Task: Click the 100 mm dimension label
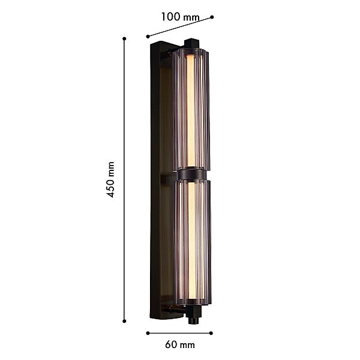tap(180, 17)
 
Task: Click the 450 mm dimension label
tap(110, 179)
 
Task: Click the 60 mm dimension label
tap(180, 345)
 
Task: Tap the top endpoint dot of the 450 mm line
tap(124, 38)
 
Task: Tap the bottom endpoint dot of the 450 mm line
tap(124, 321)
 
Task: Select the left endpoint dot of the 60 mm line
tap(148, 333)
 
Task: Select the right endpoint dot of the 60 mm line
tap(211, 333)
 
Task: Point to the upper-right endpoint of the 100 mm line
tap(212, 17)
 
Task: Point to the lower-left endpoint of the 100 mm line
tap(148, 36)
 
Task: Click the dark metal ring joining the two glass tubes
tap(192, 175)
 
